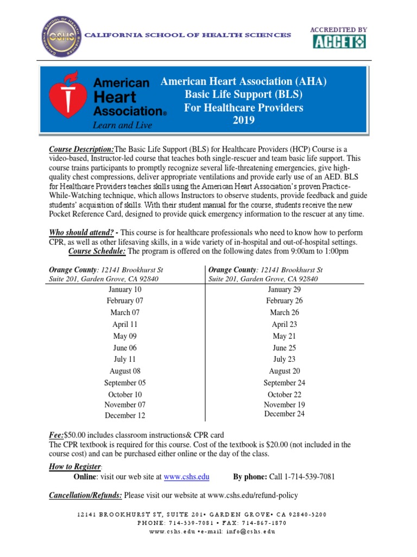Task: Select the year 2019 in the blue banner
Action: (244, 120)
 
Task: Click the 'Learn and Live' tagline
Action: (123, 126)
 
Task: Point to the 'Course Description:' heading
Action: (81, 150)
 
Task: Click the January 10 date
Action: (125, 289)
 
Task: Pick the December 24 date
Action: (284, 414)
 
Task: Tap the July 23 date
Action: (284, 359)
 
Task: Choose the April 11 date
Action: (124, 324)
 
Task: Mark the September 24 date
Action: (284, 383)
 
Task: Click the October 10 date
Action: (125, 394)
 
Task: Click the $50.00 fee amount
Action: (75, 435)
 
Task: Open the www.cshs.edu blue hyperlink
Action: (187, 476)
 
